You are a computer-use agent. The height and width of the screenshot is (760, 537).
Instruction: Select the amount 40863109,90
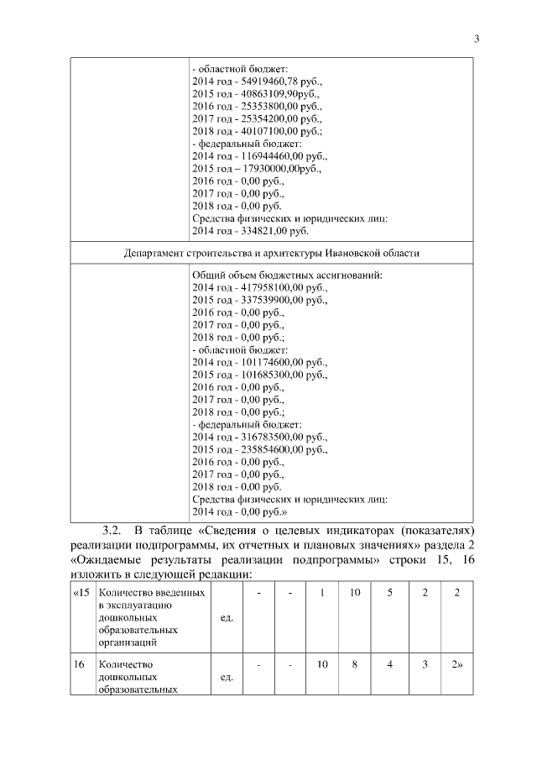coord(270,95)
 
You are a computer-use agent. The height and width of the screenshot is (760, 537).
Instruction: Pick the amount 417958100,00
coord(274,287)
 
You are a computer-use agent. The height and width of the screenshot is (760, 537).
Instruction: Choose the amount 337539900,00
coord(274,300)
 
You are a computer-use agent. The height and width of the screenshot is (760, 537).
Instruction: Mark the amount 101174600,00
coord(274,362)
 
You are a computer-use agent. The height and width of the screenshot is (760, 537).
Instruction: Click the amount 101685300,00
coord(274,375)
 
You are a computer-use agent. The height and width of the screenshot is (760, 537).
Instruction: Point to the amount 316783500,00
coord(274,437)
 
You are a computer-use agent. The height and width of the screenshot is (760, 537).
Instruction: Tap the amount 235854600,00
coord(274,449)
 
